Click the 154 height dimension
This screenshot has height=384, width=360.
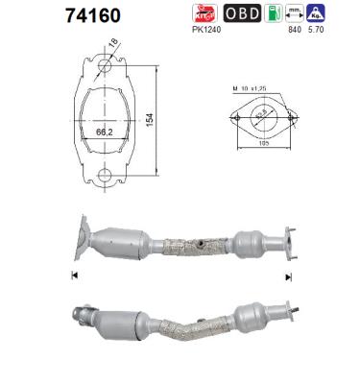(153, 117)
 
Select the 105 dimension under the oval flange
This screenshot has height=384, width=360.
(258, 151)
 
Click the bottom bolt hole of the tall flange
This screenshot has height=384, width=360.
(105, 175)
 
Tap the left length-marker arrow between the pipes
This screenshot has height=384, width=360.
(74, 276)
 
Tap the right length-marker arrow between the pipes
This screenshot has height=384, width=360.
(287, 276)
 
